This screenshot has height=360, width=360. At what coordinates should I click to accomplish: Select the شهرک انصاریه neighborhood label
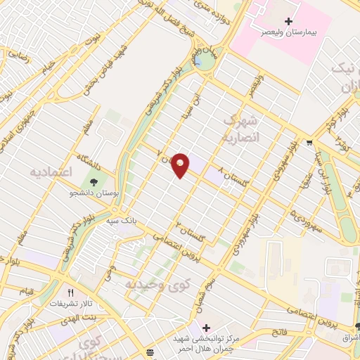241,129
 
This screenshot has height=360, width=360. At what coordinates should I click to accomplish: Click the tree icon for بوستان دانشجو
94,181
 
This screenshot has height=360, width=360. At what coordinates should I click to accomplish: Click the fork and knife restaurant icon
70,293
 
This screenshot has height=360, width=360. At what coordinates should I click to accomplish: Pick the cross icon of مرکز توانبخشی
205,328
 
